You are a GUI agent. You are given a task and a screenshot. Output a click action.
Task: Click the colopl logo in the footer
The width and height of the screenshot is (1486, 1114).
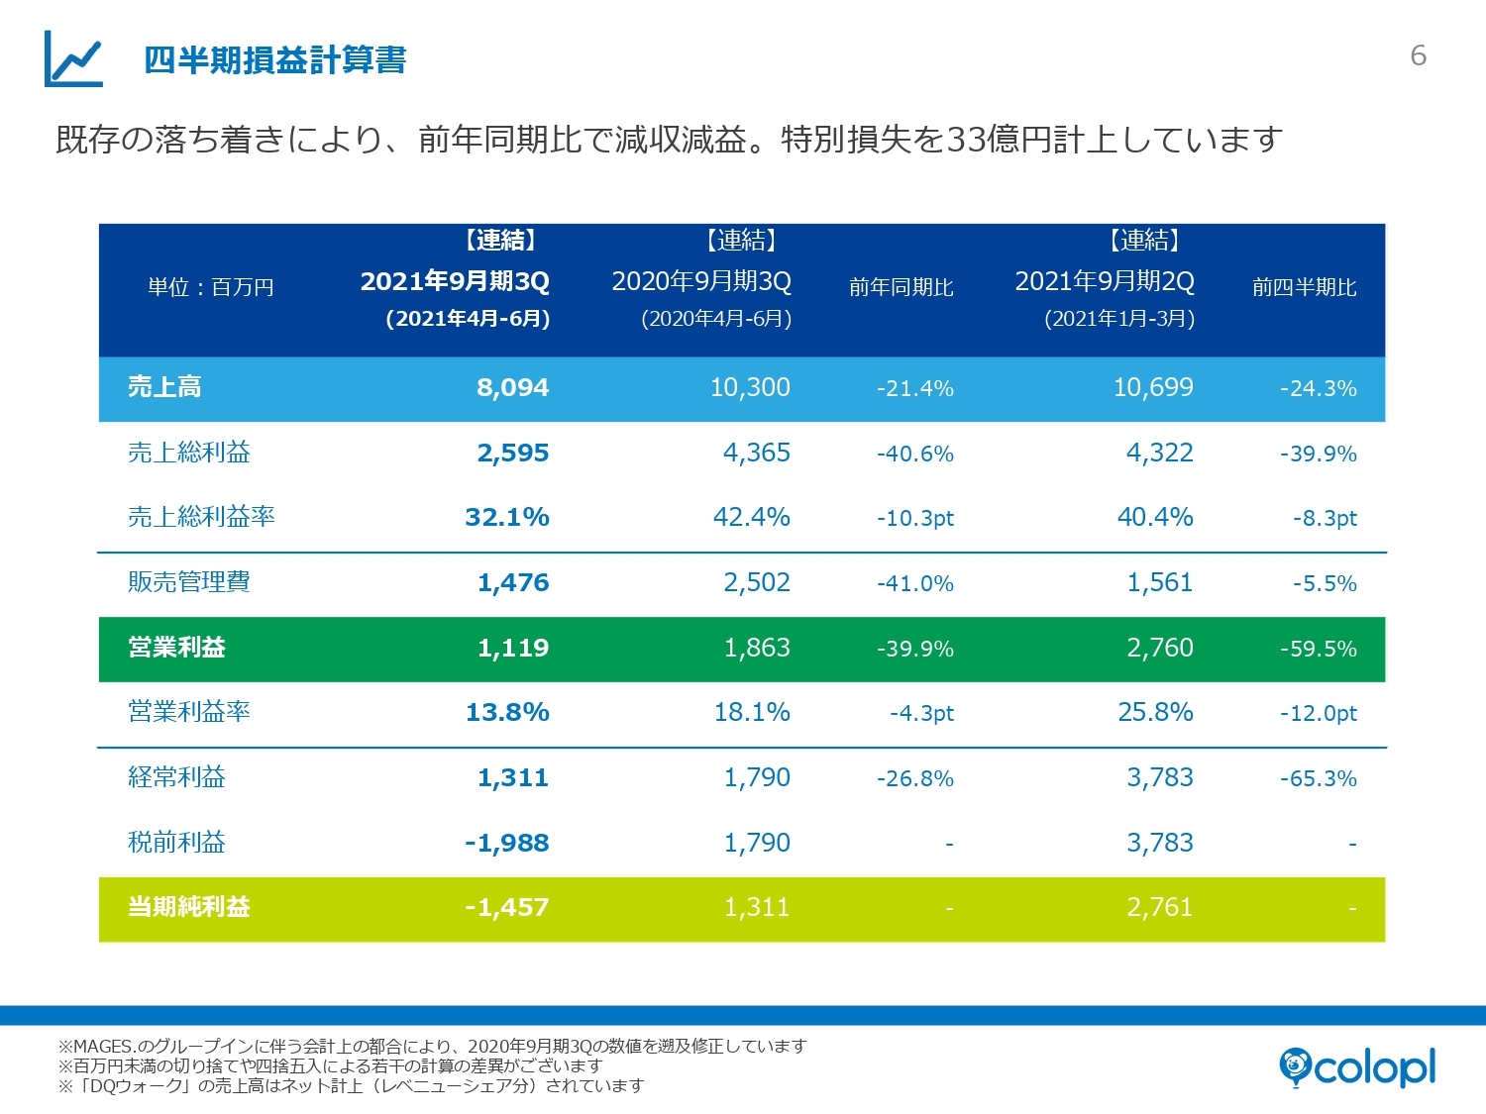point(1357,1067)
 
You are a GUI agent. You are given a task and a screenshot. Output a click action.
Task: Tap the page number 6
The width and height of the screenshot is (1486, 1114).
point(1418,55)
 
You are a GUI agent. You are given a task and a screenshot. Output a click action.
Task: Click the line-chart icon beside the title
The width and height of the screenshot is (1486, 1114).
point(73,58)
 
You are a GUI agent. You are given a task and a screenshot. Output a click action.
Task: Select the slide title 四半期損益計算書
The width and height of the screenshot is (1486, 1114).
point(274,60)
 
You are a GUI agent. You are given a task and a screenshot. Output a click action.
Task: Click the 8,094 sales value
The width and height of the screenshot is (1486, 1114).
point(512,387)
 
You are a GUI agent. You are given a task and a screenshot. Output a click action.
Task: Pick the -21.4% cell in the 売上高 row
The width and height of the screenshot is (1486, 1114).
point(914,388)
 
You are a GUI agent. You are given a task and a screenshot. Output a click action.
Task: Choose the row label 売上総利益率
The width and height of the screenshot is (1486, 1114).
point(201,517)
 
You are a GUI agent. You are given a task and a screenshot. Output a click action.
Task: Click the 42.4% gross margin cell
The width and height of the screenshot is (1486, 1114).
point(751,517)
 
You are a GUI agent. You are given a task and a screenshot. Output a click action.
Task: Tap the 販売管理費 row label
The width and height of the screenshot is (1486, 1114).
point(188,582)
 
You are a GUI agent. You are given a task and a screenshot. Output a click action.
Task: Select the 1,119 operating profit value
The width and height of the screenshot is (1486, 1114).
point(512,648)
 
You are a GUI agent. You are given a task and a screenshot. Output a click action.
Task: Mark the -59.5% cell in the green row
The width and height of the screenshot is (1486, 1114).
point(1318,649)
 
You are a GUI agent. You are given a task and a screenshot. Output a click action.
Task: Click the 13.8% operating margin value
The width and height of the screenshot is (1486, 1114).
point(507,712)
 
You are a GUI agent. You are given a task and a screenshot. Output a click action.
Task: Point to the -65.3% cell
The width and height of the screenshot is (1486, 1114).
point(1318,778)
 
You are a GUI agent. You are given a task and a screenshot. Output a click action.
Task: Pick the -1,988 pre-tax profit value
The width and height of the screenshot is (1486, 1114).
point(506,843)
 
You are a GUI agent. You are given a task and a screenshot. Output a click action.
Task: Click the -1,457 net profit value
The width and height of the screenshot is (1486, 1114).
point(506,907)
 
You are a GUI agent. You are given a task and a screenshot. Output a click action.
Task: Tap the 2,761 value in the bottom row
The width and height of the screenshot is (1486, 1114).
point(1159,907)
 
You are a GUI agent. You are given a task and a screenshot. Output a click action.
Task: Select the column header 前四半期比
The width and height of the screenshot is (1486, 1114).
point(1304,287)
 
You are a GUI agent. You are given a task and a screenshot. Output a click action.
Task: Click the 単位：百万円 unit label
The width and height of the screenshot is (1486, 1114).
point(210,287)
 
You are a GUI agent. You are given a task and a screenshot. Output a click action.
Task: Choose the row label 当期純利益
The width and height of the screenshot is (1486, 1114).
point(188,907)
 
